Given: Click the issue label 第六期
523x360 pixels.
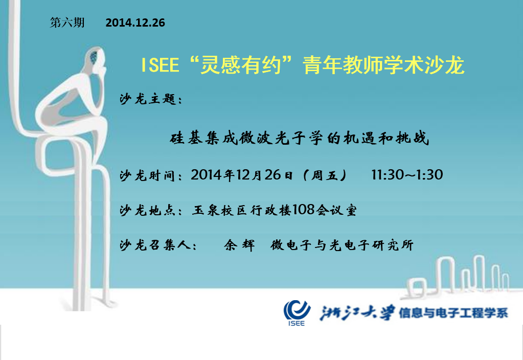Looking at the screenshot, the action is [67, 22].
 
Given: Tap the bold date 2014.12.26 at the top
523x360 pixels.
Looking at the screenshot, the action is [135, 22].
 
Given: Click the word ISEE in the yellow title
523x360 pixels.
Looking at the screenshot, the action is [160, 65].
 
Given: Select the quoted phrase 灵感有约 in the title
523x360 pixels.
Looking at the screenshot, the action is [240, 65].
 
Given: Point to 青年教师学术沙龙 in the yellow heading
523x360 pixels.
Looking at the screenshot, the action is [383, 65].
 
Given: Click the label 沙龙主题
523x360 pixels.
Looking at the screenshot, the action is [148, 99].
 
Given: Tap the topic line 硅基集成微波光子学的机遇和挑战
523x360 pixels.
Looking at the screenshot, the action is [299, 138].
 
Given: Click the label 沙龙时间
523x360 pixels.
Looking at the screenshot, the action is [147, 175].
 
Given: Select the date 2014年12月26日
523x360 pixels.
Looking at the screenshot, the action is [242, 175].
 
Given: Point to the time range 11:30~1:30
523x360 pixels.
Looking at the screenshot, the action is [407, 174].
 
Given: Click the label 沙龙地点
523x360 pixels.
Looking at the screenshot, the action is [147, 211].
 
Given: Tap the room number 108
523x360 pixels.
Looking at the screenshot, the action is [304, 210].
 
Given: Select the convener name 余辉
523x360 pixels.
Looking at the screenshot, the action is [239, 245].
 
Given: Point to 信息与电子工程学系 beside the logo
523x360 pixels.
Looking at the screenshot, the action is [453, 313].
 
